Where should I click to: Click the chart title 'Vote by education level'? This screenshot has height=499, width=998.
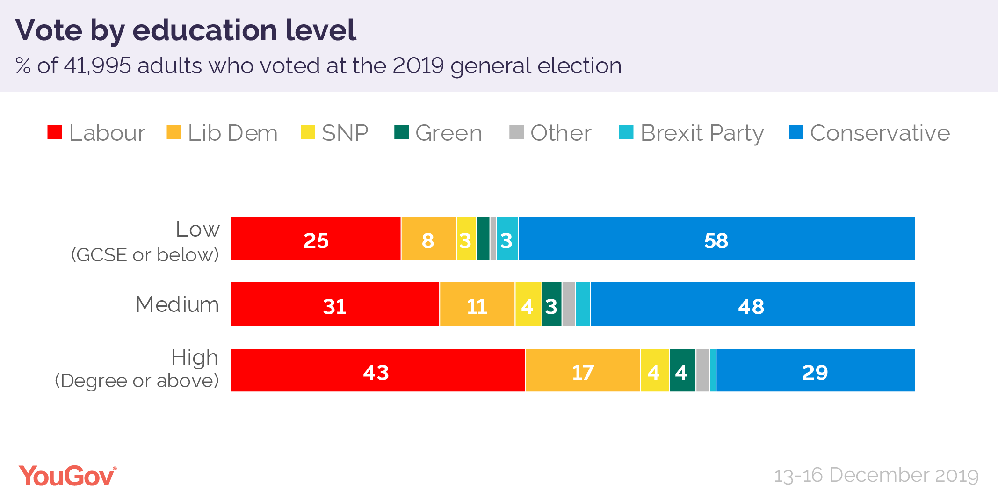[x=186, y=30]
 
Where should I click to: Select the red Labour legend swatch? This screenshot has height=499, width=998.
[x=55, y=132]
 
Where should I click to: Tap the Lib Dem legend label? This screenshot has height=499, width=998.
[x=232, y=133]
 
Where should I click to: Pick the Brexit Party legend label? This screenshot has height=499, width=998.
[x=701, y=133]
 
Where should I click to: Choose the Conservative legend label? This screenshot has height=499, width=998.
[x=880, y=133]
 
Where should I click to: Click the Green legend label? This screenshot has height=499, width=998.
[x=448, y=133]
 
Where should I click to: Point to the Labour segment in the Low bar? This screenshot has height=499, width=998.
[x=316, y=239]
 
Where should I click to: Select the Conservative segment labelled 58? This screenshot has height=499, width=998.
[x=716, y=239]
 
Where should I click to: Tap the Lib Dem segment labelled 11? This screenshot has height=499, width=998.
[x=477, y=304]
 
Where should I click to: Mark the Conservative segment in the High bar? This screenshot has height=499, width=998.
[x=815, y=370]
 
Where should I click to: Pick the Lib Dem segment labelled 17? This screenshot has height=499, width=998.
[x=583, y=370]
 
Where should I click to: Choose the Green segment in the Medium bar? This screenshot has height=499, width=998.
[x=552, y=304]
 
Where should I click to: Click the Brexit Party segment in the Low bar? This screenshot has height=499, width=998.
[x=507, y=239]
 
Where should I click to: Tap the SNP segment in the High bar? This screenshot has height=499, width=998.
[x=655, y=370]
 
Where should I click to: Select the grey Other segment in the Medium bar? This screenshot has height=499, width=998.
[x=569, y=304]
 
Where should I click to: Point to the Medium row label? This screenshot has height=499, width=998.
[x=177, y=304]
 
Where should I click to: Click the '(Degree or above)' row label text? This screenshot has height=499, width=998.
[x=137, y=381]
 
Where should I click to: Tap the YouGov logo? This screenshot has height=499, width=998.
[x=67, y=476]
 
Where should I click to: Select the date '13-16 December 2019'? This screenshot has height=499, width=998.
[x=876, y=476]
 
